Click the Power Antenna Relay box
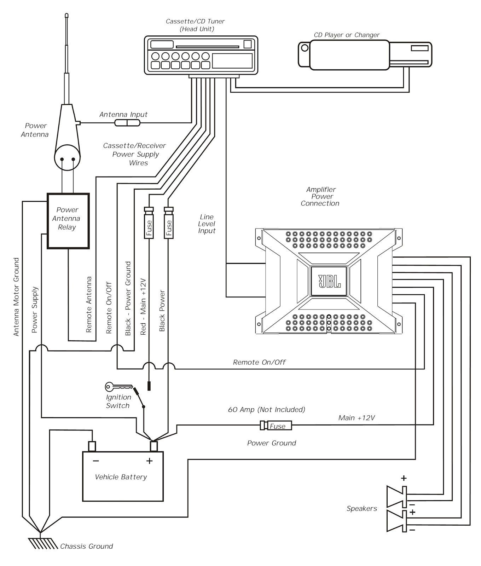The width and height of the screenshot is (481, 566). click(68, 220)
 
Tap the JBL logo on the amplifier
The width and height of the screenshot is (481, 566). click(329, 281)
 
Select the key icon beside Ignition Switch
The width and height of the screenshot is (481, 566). click(118, 386)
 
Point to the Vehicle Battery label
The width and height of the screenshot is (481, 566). click(121, 477)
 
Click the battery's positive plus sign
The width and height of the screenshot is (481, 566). click(149, 461)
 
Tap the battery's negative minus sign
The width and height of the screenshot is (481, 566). click(96, 461)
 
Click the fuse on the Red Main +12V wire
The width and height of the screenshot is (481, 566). click(149, 224)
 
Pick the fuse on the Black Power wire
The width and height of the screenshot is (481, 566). click(169, 224)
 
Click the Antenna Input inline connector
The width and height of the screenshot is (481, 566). click(127, 123)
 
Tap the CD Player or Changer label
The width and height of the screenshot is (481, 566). click(346, 35)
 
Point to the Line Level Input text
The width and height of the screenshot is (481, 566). click(207, 224)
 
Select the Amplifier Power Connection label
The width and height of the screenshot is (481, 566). click(320, 196)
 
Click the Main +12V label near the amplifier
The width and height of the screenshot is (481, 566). click(356, 418)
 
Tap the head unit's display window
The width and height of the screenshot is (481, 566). click(232, 60)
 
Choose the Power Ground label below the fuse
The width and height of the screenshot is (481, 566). click(271, 443)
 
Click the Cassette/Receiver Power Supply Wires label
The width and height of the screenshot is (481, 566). click(134, 154)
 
